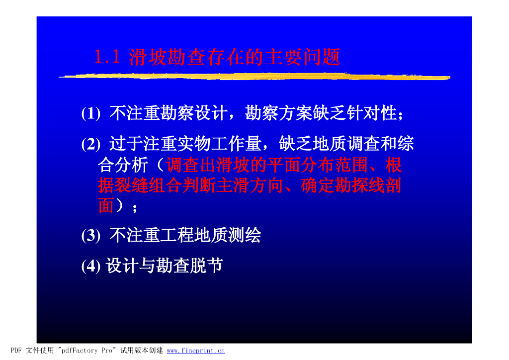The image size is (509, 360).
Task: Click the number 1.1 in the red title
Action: [107, 57]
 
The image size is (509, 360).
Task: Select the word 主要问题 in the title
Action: [303, 57]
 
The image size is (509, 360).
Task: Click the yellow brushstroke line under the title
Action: [254, 77]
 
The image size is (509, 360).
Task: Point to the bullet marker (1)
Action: [91, 113]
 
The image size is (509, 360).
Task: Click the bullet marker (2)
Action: [91, 144]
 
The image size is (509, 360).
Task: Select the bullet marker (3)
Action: [91, 236]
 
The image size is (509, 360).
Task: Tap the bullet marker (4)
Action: [91, 266]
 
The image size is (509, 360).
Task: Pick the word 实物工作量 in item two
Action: [219, 144]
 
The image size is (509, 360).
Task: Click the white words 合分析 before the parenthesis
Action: [123, 165]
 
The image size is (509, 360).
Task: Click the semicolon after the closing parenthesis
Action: [135, 208]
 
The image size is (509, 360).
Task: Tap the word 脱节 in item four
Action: [206, 266]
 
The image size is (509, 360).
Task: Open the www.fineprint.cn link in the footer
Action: [196, 351]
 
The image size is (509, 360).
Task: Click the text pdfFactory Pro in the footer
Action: [87, 351]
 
